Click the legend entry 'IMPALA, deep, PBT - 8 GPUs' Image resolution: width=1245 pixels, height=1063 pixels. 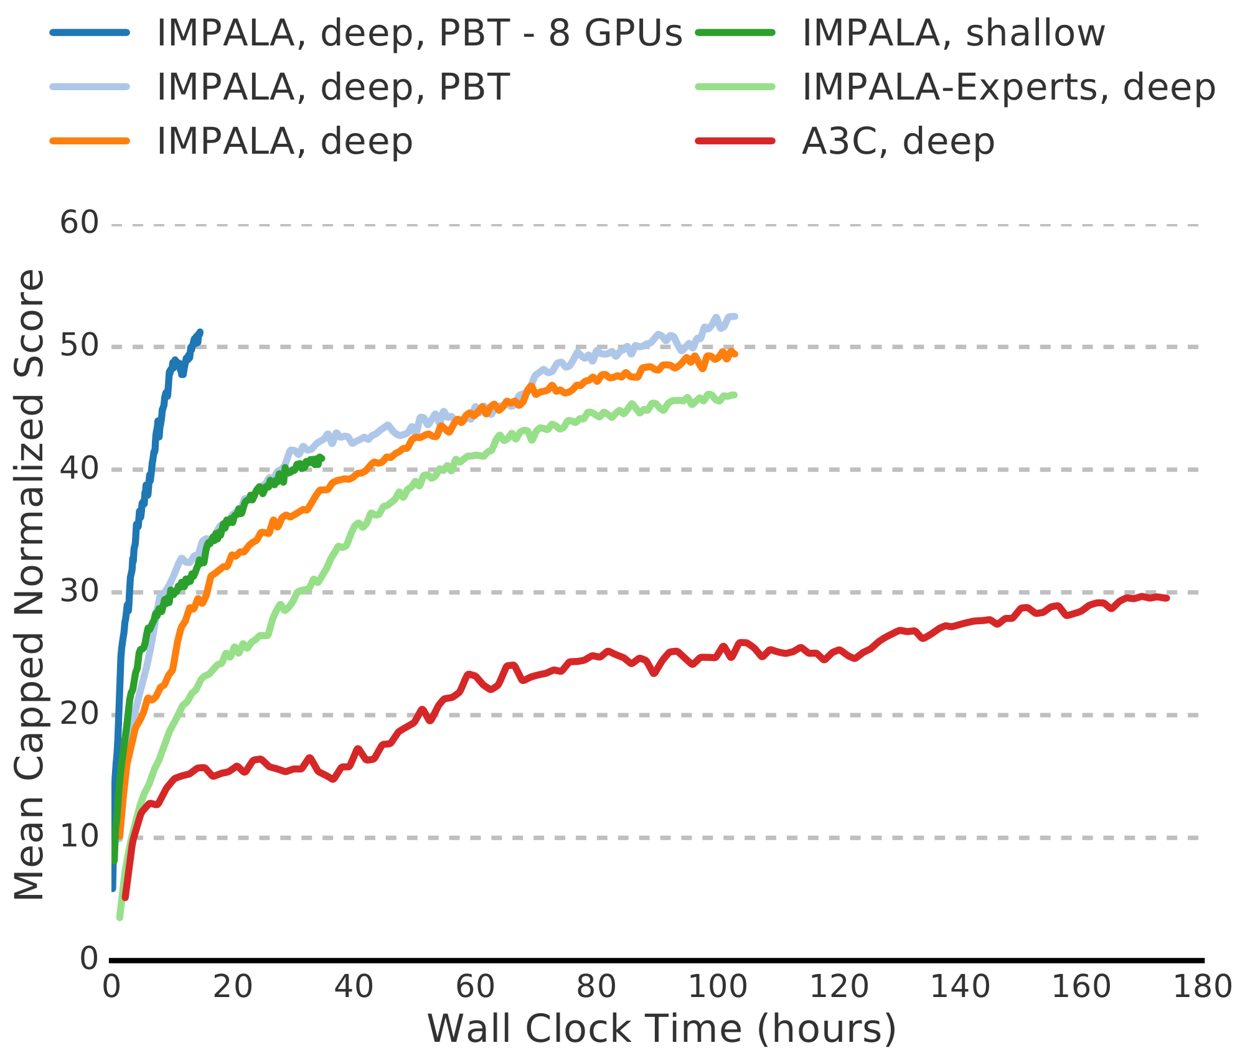(419, 33)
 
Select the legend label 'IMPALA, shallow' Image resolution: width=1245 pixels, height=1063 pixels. (953, 33)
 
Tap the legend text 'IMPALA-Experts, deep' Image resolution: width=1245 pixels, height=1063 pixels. (1008, 87)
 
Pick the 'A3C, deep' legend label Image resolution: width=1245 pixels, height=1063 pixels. (898, 141)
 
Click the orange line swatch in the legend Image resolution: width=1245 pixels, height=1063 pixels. (90, 141)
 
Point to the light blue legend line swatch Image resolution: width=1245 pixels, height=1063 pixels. (90, 87)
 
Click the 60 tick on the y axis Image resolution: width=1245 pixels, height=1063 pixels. (80, 223)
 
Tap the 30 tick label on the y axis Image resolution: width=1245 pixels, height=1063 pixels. (80, 591)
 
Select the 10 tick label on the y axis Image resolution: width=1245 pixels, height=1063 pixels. (80, 837)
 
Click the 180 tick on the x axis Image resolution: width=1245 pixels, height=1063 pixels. (1201, 988)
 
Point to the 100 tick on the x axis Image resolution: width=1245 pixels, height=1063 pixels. (717, 988)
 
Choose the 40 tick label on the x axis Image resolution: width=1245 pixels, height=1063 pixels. (354, 988)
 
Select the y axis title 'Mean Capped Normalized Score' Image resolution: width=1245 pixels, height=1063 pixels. (29, 585)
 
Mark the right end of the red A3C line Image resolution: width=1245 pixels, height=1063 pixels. (1167, 598)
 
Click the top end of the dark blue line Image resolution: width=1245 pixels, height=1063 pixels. (200, 332)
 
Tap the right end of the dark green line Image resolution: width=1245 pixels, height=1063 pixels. (322, 458)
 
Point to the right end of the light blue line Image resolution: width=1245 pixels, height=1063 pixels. (735, 317)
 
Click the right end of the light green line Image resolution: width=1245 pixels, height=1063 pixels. (735, 395)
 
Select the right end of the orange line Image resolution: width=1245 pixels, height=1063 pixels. (736, 354)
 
